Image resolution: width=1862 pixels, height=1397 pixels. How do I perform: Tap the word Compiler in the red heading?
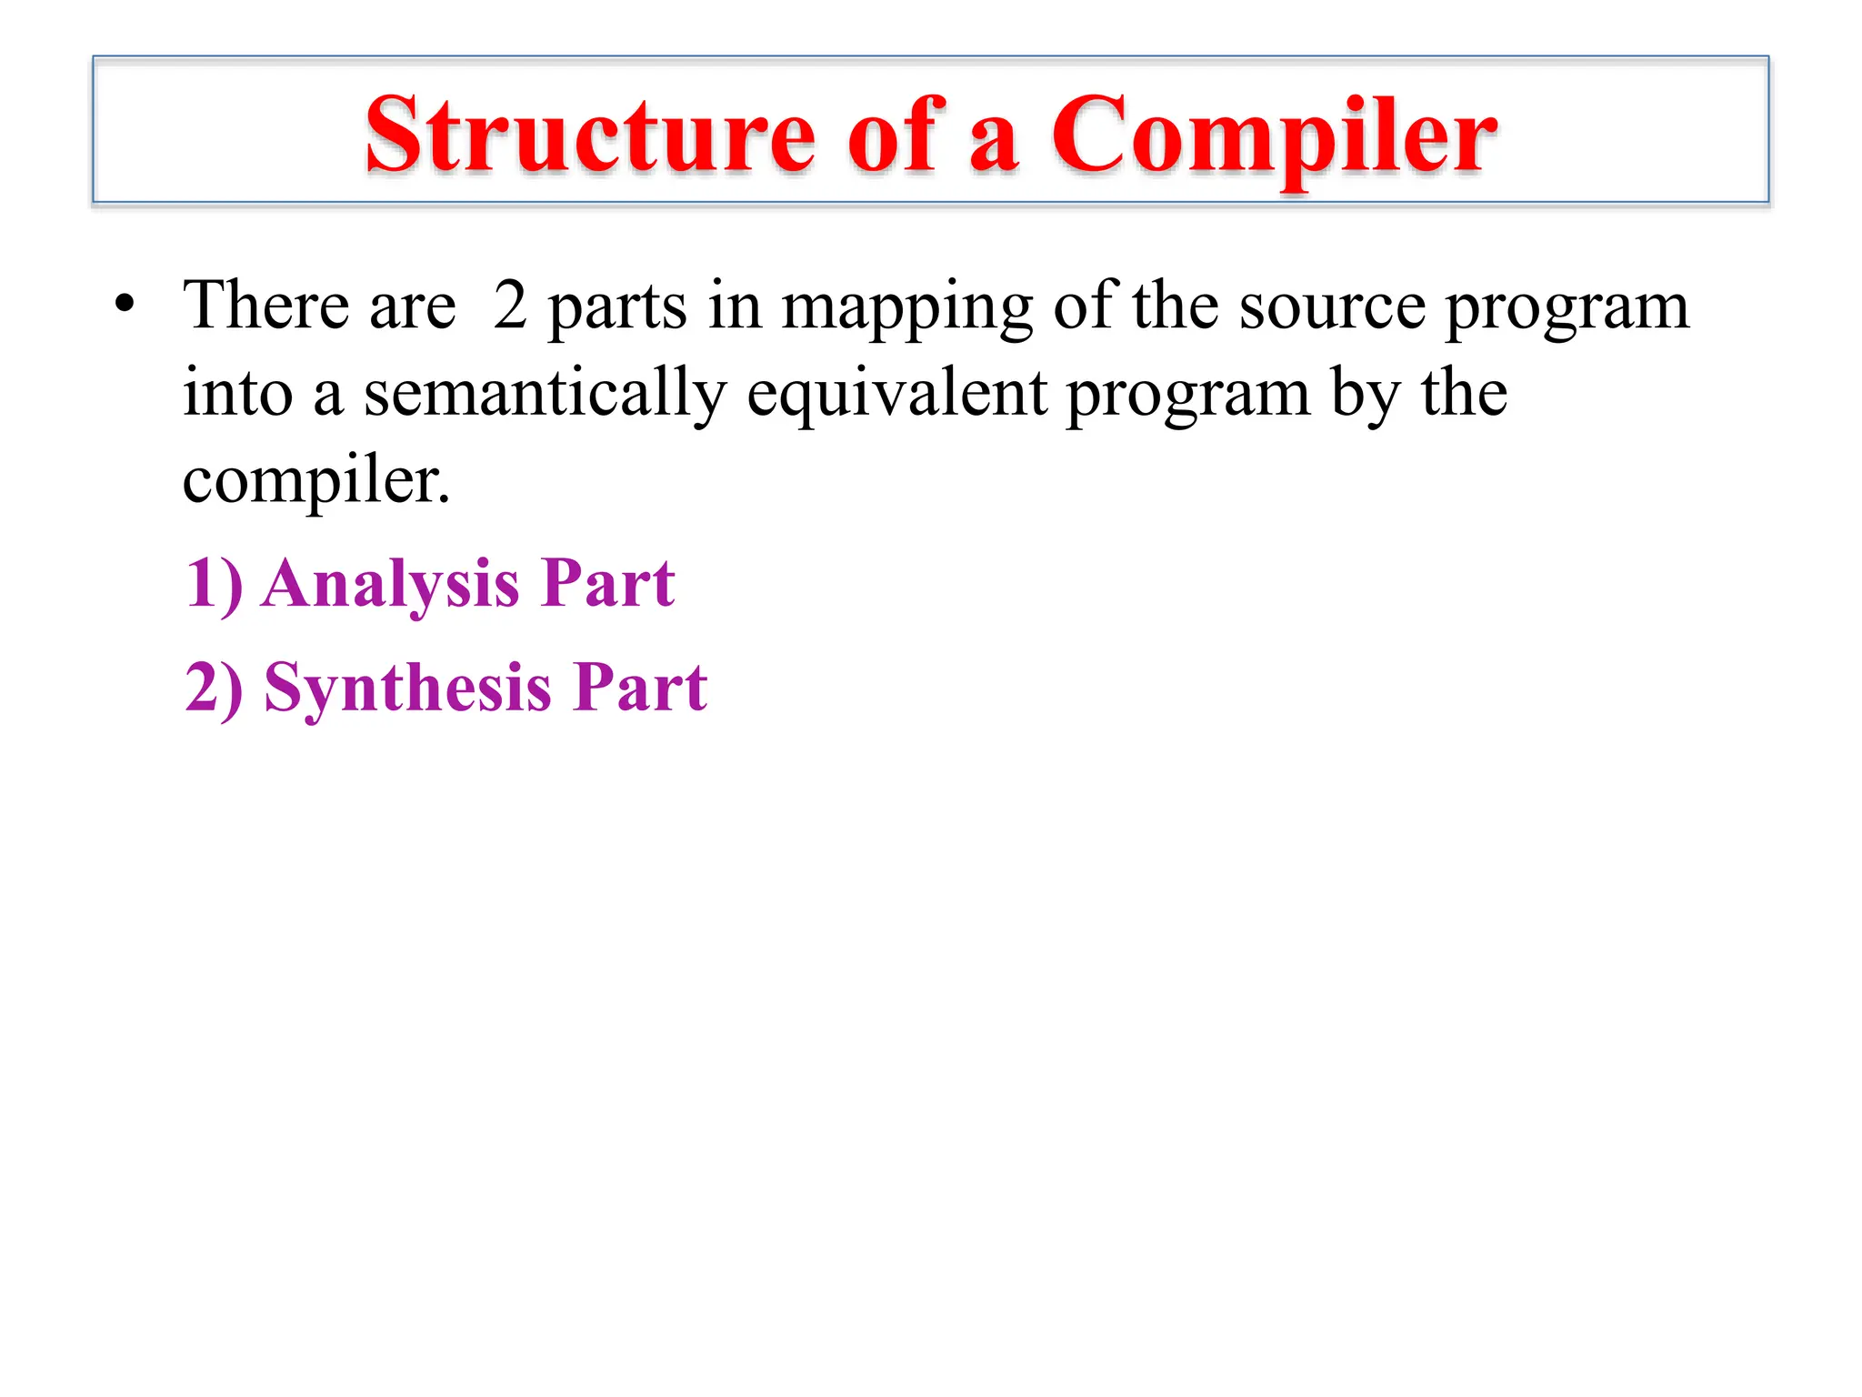pos(1274,136)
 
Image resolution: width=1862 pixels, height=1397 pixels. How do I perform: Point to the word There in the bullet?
pos(266,305)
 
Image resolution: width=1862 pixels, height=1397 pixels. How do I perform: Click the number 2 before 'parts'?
pos(510,305)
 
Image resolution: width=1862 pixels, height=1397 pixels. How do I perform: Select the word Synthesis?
pos(407,688)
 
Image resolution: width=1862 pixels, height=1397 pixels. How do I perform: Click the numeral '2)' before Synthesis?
pos(214,688)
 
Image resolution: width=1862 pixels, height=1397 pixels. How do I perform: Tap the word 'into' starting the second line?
pos(238,393)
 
